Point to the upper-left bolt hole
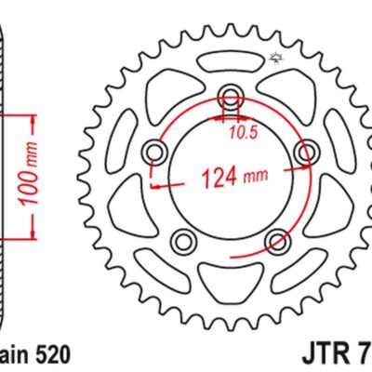coord(154,151)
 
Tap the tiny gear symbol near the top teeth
coord(274,60)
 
